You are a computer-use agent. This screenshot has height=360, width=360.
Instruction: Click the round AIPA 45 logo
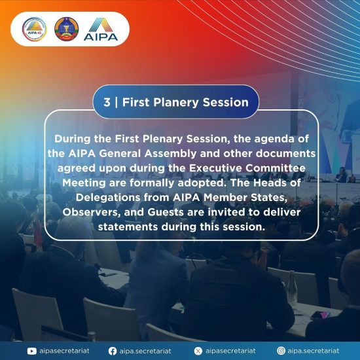pyautogui.click(x=35, y=29)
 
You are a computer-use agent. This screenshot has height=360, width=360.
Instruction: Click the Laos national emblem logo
pyautogui.click(x=67, y=29)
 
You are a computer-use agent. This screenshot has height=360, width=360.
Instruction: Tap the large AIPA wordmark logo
pyautogui.click(x=101, y=29)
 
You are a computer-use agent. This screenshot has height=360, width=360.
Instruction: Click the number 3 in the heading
pyautogui.click(x=107, y=102)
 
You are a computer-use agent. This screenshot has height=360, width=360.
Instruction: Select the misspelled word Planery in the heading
pyautogui.click(x=175, y=103)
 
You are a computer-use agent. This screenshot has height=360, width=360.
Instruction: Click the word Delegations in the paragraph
pyautogui.click(x=108, y=198)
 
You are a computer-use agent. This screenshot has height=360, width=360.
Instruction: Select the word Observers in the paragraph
pyautogui.click(x=92, y=212)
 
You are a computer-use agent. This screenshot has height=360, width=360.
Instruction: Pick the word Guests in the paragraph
pyautogui.click(x=166, y=212)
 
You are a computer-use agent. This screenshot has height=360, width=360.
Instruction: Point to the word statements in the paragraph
pyautogui.click(x=128, y=227)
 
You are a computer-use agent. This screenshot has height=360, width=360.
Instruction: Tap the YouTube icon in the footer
pyautogui.click(x=31, y=351)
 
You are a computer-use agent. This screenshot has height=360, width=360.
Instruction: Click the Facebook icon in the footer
pyautogui.click(x=113, y=351)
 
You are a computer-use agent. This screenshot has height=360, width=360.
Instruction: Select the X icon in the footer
pyautogui.click(x=198, y=351)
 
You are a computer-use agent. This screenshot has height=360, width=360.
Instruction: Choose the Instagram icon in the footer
pyautogui.click(x=281, y=351)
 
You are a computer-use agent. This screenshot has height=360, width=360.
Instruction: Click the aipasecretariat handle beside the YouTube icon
pyautogui.click(x=64, y=351)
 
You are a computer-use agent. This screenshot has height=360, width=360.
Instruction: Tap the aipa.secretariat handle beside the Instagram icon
pyautogui.click(x=313, y=351)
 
